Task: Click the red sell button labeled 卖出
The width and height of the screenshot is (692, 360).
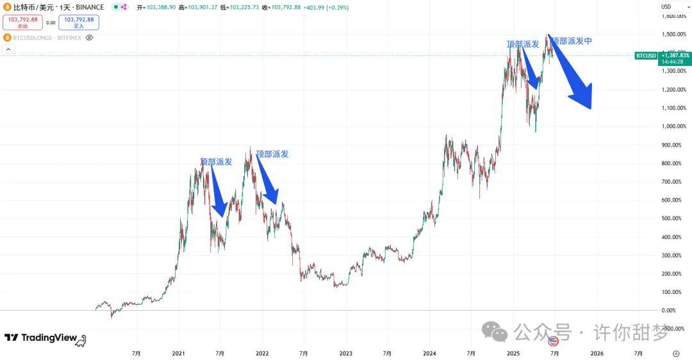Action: (x=23, y=22)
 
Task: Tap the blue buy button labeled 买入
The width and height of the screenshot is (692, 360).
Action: (x=79, y=22)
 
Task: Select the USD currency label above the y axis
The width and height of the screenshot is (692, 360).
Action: (x=666, y=6)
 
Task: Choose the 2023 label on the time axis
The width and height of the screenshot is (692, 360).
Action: (x=345, y=353)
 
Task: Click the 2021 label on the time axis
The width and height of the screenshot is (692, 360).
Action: (x=179, y=353)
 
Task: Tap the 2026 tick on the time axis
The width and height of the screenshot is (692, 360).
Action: (x=596, y=353)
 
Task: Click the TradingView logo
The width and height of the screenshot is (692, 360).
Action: (x=45, y=338)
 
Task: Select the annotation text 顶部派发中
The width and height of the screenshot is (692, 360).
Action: (x=572, y=41)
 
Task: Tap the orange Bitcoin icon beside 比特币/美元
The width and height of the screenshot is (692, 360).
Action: (x=8, y=7)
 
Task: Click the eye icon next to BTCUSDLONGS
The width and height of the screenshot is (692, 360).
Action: (x=89, y=38)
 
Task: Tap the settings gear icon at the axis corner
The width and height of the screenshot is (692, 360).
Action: (x=676, y=353)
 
